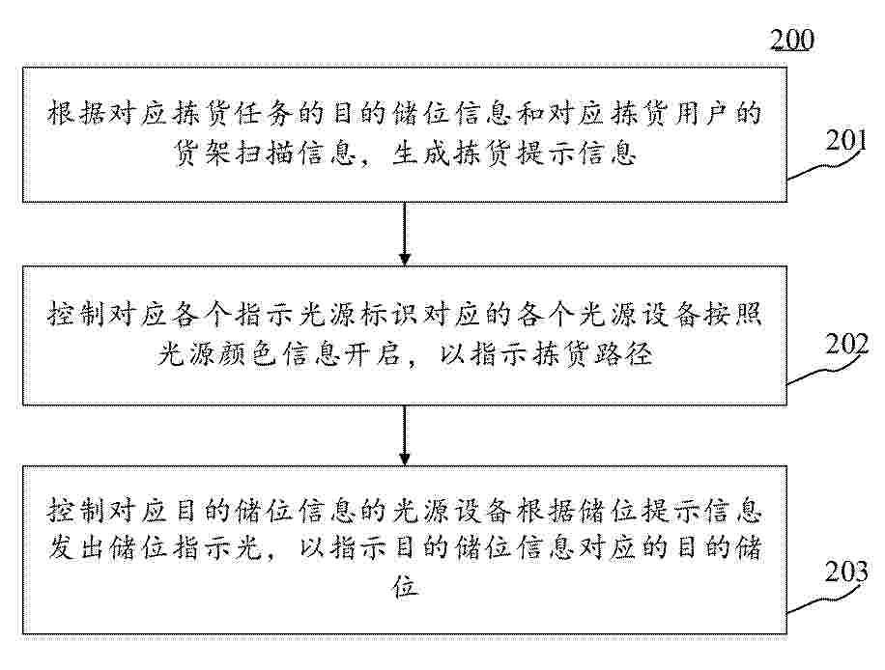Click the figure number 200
792,40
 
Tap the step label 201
845,140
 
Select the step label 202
846,344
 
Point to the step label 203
846,572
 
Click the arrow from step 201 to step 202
405,234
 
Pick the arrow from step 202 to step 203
405,434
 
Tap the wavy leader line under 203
826,598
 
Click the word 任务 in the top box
264,113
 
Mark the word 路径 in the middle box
624,354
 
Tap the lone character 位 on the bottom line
405,587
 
